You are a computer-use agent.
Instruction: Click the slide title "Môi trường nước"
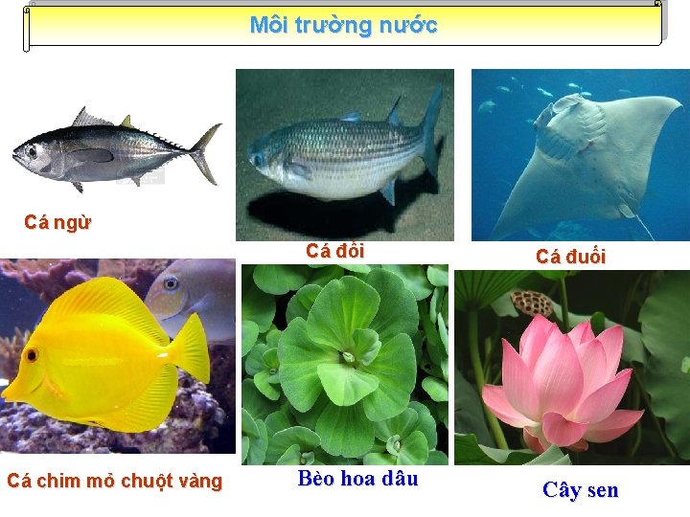point(343,25)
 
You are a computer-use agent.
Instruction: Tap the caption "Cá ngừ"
point(57,223)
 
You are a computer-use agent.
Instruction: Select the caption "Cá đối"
point(334,251)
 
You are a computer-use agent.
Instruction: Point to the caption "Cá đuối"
point(570,256)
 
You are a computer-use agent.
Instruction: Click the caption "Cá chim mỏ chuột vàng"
point(114,482)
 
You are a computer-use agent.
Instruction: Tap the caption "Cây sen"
point(580,490)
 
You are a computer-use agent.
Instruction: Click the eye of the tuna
point(32,151)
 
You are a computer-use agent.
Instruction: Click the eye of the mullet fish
point(257,160)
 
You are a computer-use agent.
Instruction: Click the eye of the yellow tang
point(32,356)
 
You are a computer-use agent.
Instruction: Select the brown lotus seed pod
point(532,303)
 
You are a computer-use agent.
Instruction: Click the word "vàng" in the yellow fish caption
point(201,482)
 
